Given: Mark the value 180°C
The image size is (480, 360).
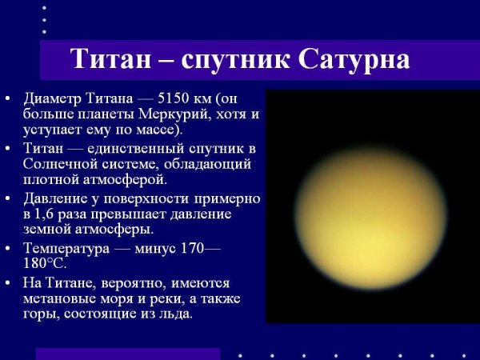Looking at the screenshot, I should pos(46,262).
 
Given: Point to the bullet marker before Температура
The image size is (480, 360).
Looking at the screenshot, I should pos(8,248).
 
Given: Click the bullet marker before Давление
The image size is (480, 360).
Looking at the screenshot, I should pos(8,198).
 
